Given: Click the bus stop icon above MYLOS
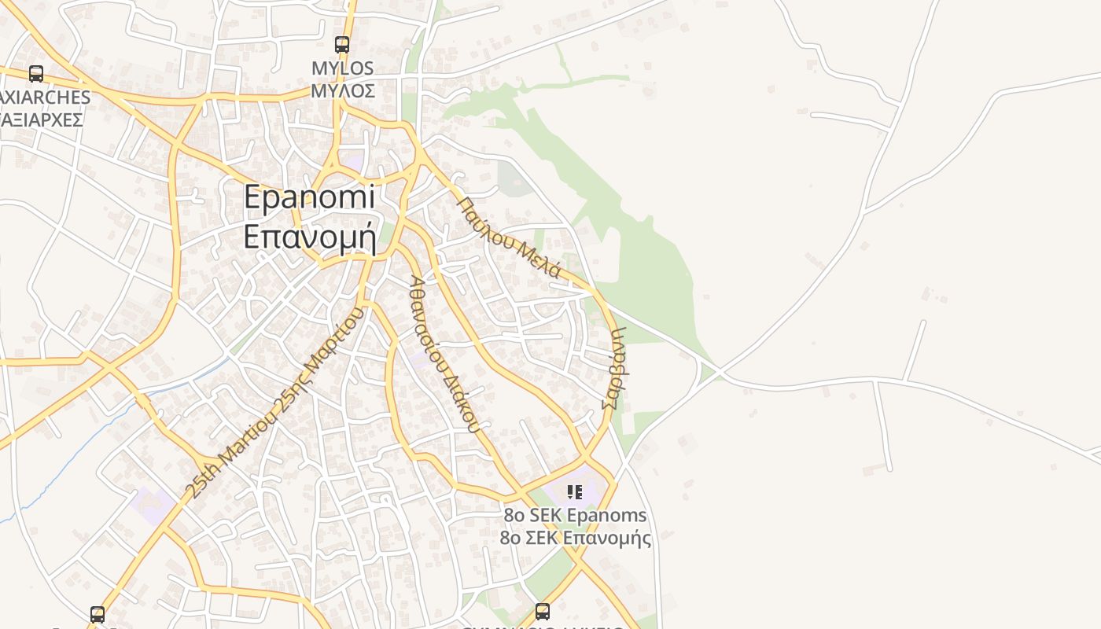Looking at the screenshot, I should click(x=341, y=45).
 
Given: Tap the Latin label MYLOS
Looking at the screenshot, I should click(x=343, y=68).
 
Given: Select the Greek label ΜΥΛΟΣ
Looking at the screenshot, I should click(x=343, y=90).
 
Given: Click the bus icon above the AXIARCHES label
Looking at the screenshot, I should click(x=36, y=74).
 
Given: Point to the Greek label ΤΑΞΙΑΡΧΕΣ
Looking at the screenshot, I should click(x=42, y=120).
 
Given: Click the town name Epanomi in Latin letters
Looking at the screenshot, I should click(x=309, y=197).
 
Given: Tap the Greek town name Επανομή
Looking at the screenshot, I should click(x=310, y=236).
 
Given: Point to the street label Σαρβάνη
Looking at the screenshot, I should click(x=613, y=368).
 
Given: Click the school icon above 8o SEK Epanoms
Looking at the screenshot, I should click(x=575, y=492).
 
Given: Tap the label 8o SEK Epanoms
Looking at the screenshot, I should click(x=576, y=516).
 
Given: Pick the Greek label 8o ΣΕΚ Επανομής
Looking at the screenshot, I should click(x=576, y=538).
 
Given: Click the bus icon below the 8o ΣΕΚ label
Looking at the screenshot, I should click(x=542, y=611).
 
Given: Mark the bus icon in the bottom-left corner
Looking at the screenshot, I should click(x=98, y=614).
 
